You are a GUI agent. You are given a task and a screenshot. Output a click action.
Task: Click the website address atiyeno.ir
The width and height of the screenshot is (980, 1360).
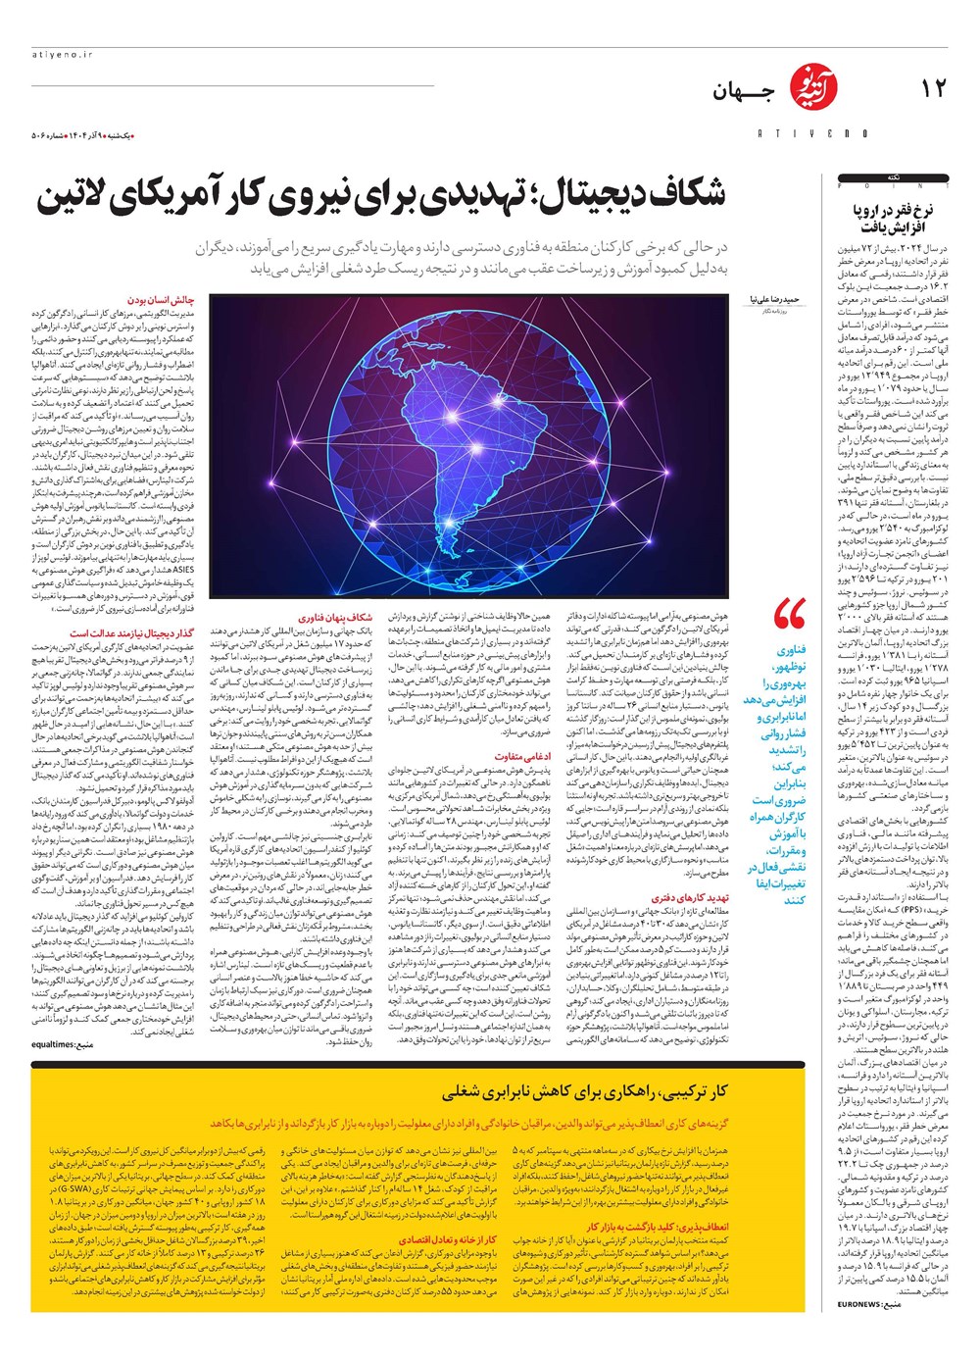pyautogui.click(x=61, y=56)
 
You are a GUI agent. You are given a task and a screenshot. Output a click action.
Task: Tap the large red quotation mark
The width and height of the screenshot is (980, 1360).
pyautogui.click(x=789, y=615)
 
